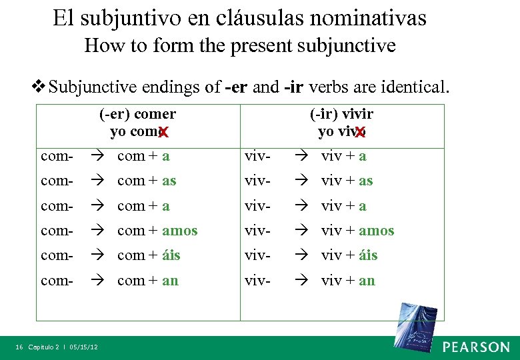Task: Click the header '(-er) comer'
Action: (x=137, y=114)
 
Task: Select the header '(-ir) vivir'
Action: (x=342, y=114)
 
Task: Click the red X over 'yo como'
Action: (x=163, y=133)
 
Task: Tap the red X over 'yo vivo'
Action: (x=360, y=133)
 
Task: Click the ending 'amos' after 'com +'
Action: (x=180, y=231)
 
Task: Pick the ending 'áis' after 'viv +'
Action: (x=368, y=255)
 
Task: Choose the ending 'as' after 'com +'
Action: (x=169, y=181)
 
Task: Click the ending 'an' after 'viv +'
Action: (x=367, y=281)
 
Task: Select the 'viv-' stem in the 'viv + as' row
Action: (x=257, y=181)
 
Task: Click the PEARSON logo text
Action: (x=476, y=347)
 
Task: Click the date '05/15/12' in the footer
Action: (x=83, y=347)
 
